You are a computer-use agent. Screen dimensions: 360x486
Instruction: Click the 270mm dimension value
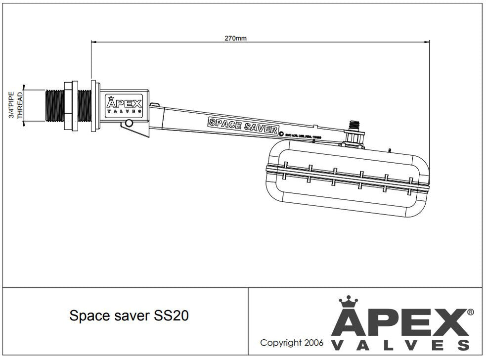point(235,38)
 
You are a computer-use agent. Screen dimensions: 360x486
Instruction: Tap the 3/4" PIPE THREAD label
point(16,105)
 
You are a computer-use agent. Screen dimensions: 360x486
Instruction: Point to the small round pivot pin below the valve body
point(129,123)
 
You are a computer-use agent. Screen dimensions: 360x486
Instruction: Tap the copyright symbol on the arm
point(281,133)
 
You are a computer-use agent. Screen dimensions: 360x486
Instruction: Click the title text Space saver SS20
point(129,316)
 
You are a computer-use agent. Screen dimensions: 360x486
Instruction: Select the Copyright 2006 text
point(292,342)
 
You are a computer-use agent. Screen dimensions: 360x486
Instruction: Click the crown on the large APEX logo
point(348,302)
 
